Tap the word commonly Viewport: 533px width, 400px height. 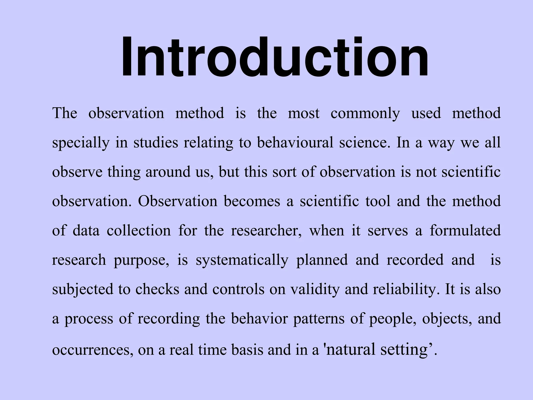pyautogui.click(x=365, y=114)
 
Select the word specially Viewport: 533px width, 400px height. pyautogui.click(x=81, y=143)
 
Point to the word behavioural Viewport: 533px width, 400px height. pyautogui.click(x=295, y=142)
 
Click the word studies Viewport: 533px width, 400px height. pyautogui.click(x=156, y=142)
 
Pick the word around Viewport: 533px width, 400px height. pyautogui.click(x=168, y=172)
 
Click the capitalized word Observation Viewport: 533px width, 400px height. pyautogui.click(x=177, y=201)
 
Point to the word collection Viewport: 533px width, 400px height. pyautogui.click(x=139, y=231)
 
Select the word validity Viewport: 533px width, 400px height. pyautogui.click(x=315, y=289)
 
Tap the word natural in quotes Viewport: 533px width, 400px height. pyautogui.click(x=350, y=349)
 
